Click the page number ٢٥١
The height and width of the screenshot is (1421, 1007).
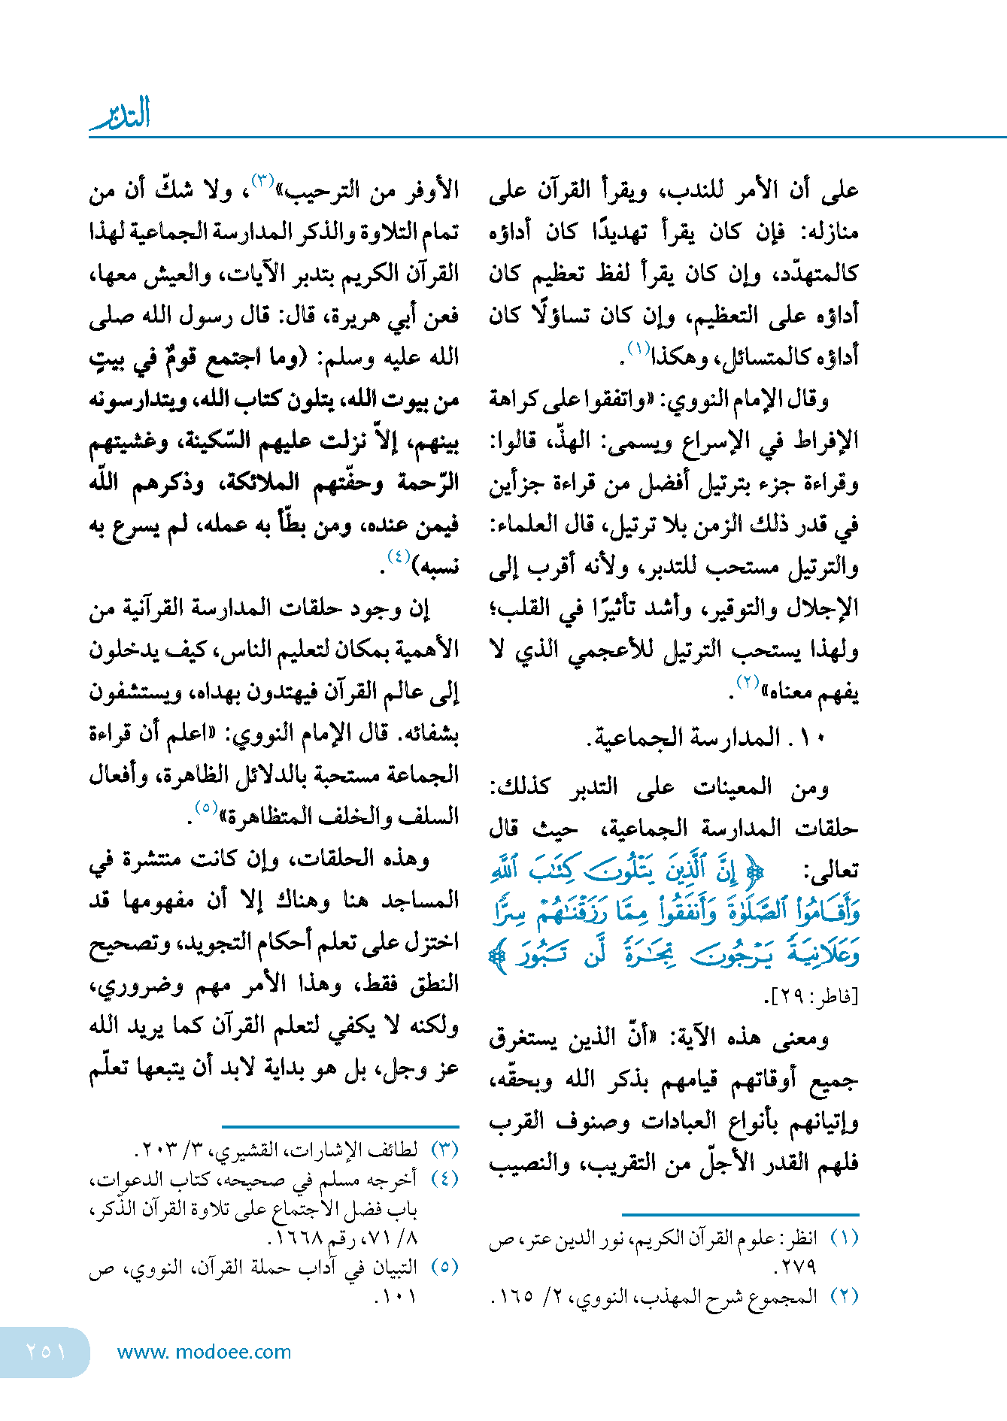[x=46, y=1351]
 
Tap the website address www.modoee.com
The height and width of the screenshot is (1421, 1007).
[x=204, y=1352]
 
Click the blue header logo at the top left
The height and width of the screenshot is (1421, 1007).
[x=120, y=114]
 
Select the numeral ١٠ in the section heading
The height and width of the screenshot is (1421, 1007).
[x=813, y=738]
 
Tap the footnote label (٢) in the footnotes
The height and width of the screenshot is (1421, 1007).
[x=844, y=1296]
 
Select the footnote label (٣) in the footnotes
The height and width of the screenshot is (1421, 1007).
[x=444, y=1149]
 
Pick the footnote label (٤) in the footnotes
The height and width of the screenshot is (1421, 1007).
[x=444, y=1178]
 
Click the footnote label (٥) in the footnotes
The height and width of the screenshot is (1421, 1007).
[x=444, y=1266]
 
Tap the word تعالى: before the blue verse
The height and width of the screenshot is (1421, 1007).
[x=832, y=871]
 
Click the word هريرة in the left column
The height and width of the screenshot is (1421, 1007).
[x=355, y=315]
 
